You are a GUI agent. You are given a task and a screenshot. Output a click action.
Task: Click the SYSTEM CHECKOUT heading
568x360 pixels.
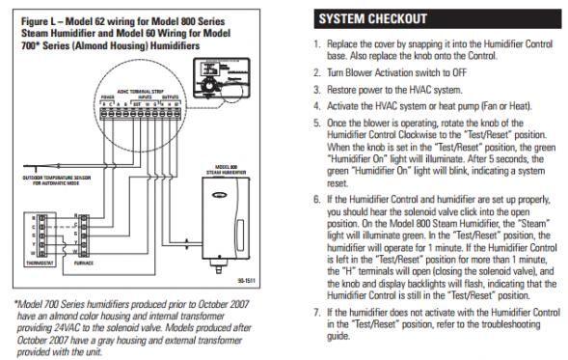pos(371,19)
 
